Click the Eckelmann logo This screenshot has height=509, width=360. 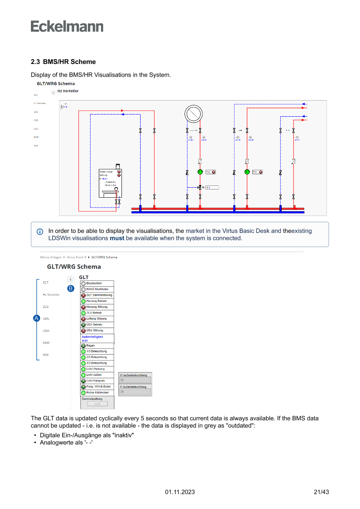point(67,26)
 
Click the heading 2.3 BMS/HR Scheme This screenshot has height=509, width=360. point(63,62)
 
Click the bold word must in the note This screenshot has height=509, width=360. point(117,238)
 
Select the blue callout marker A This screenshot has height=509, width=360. point(37,318)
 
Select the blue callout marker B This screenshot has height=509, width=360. point(71,288)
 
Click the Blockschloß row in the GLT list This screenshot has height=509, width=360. point(97,283)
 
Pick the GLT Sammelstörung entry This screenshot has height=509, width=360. point(97,295)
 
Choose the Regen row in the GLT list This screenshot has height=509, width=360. point(97,346)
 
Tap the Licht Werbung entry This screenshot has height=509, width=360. point(97,369)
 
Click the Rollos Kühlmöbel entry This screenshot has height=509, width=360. point(97,392)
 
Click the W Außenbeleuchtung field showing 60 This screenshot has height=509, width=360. point(135,380)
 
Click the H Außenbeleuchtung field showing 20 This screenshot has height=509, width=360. point(135,392)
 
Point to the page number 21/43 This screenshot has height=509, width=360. point(321,492)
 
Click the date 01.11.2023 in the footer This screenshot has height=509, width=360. point(180,492)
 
